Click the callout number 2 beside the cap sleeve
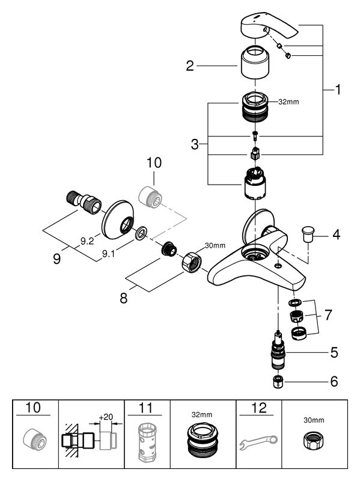click(190, 66)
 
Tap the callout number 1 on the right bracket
click(338, 90)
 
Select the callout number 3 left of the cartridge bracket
click(195, 144)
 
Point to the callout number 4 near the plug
click(337, 234)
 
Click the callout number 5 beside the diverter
click(334, 353)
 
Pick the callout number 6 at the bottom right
click(334, 382)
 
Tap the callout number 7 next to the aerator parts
click(328, 315)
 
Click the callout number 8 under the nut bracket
click(124, 298)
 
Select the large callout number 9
click(56, 259)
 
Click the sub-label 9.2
click(87, 242)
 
